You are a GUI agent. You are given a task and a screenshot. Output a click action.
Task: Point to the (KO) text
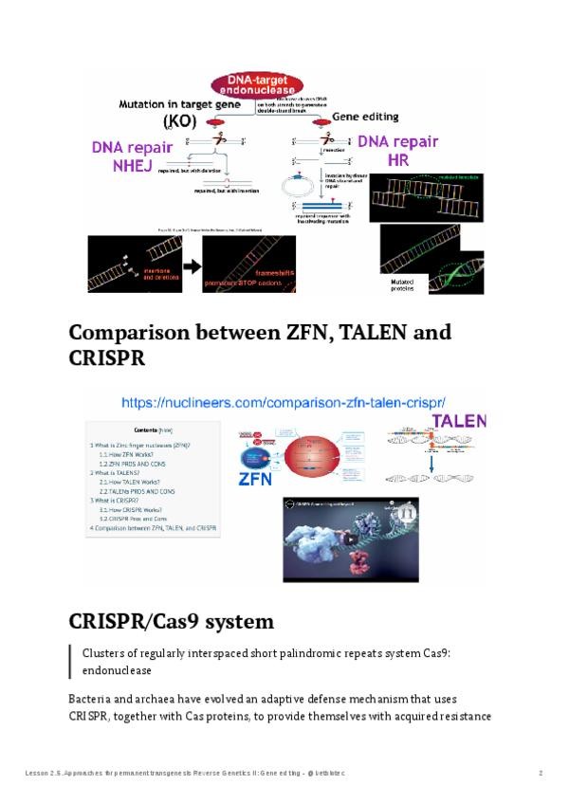[178, 121]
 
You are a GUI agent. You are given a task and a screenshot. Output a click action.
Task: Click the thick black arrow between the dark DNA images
[191, 266]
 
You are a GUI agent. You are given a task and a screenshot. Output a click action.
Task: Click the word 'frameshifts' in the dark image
[272, 273]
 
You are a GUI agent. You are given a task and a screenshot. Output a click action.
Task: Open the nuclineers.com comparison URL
[284, 401]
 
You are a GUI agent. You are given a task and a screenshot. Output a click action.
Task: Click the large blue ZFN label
[255, 479]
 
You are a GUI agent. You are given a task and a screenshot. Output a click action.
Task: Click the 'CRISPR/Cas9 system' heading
[171, 622]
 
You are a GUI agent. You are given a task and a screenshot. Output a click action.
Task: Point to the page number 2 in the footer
[541, 774]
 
